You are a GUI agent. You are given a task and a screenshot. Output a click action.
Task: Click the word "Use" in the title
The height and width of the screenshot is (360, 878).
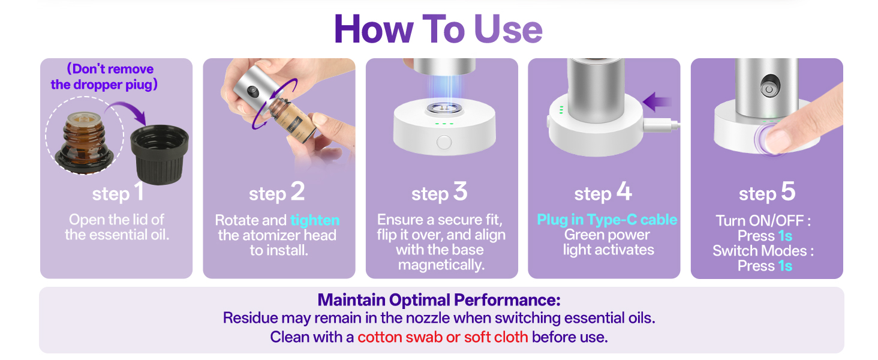[x=508, y=29]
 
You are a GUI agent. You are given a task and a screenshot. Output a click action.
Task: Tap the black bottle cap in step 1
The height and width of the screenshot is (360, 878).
[x=159, y=154]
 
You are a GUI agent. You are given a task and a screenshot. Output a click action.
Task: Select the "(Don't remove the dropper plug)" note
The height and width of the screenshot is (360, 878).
[x=104, y=76]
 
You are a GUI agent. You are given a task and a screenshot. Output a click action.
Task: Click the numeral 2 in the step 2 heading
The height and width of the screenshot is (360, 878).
[x=297, y=191]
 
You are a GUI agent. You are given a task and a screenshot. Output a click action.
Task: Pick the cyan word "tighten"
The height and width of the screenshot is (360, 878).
[x=315, y=220]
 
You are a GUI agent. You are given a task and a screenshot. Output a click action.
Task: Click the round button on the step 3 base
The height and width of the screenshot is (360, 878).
[x=444, y=142]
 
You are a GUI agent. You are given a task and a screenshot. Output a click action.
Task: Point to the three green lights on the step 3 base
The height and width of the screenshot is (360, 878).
[x=444, y=124]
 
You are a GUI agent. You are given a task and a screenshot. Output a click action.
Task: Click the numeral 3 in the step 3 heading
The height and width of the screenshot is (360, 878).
[x=461, y=191]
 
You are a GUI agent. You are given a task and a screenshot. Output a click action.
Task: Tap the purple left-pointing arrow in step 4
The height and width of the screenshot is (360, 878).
[x=657, y=102]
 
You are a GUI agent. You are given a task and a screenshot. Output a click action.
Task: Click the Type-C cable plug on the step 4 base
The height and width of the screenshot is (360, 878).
[x=661, y=125]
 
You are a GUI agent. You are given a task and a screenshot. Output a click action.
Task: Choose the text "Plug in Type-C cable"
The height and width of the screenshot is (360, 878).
[x=607, y=220]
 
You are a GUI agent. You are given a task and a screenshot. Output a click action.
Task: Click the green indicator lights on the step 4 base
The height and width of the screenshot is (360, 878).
[x=561, y=110]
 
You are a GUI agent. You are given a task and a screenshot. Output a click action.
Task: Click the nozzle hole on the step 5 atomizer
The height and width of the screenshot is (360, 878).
[x=769, y=89]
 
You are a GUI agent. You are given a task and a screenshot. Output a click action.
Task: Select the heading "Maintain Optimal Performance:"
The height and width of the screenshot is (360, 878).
[x=439, y=300]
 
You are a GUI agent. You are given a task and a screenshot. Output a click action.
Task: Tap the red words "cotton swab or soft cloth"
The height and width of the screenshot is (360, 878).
[x=443, y=337]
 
